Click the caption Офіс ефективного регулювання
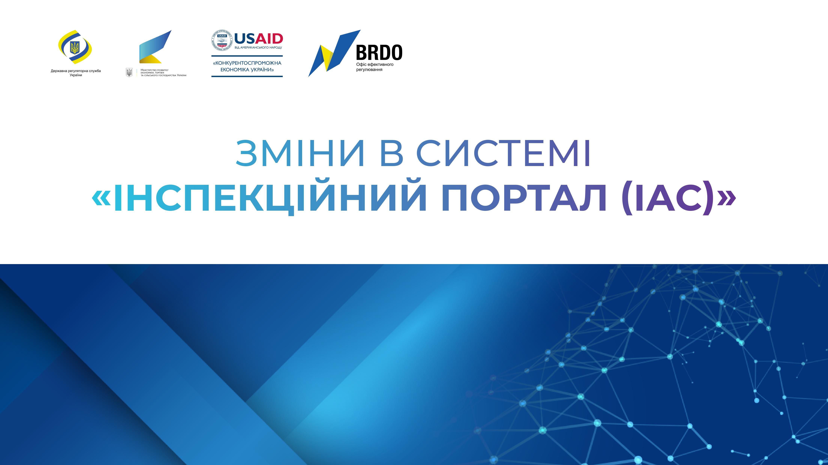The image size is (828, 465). point(375,67)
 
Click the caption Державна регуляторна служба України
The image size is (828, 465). point(76,73)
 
